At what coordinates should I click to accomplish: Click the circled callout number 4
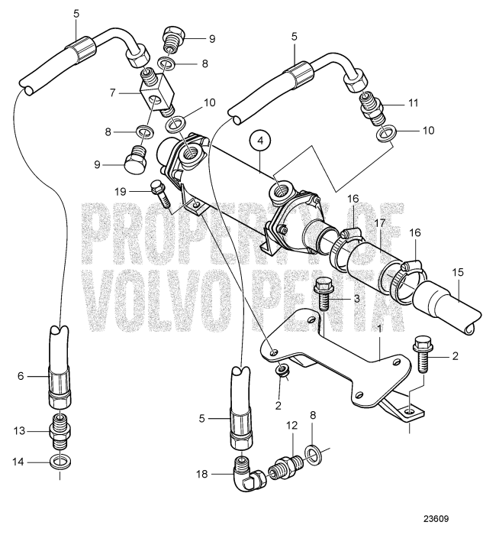click(x=261, y=141)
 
